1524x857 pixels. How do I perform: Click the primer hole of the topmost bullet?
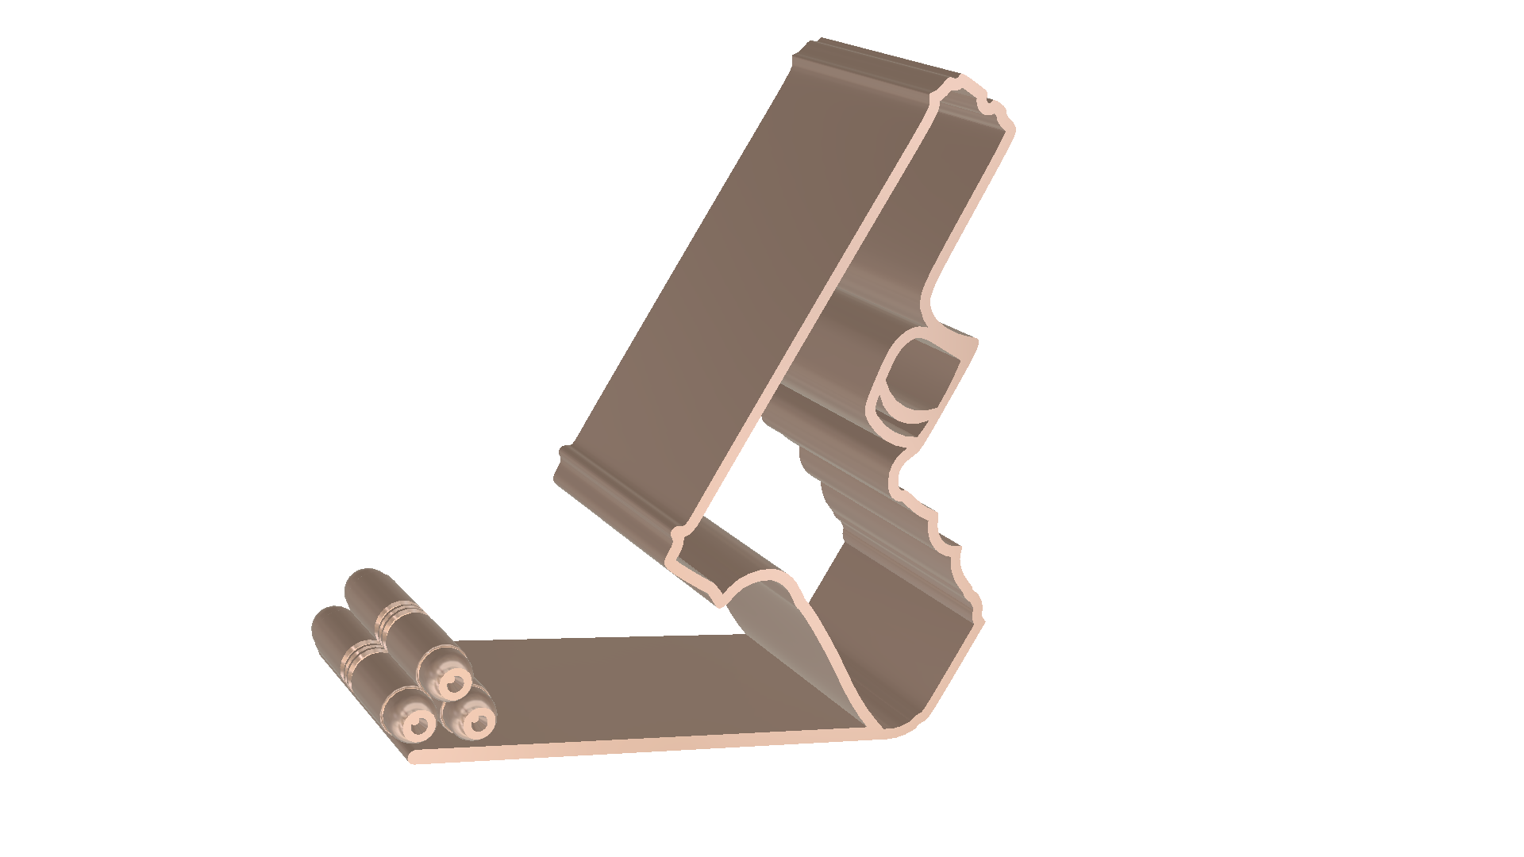click(x=455, y=683)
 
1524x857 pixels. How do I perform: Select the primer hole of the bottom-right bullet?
click(x=479, y=722)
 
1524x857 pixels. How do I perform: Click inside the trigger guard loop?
click(x=921, y=373)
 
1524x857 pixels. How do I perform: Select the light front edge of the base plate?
click(x=635, y=747)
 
